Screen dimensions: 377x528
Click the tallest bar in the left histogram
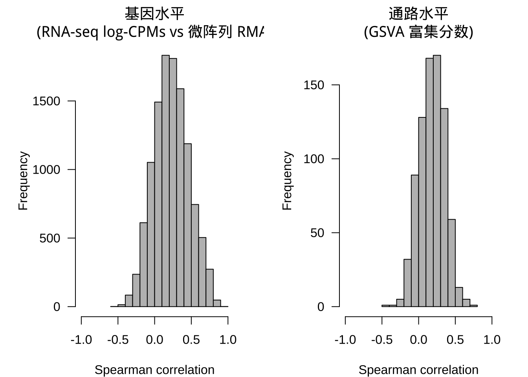[x=165, y=181]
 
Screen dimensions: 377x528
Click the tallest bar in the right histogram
[x=437, y=181]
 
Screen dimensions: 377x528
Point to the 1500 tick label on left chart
[x=46, y=101]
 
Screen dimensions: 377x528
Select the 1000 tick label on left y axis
[x=46, y=170]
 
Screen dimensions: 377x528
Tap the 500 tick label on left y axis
[x=50, y=238]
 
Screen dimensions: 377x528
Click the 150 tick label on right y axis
[x=314, y=85]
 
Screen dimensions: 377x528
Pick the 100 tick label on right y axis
[x=314, y=159]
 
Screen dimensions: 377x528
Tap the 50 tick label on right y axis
[x=317, y=233]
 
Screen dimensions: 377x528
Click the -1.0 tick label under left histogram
[x=81, y=340]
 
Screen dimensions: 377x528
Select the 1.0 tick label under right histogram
[x=492, y=340]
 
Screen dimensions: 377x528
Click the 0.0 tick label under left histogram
[x=154, y=340]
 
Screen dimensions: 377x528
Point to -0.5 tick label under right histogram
[x=382, y=340]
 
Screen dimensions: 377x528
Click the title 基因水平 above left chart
[x=154, y=14]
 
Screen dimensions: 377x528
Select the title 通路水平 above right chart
[x=418, y=14]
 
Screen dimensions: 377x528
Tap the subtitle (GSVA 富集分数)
[x=418, y=32]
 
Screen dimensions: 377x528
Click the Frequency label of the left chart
[x=24, y=181]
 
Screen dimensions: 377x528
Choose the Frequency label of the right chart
[x=288, y=181]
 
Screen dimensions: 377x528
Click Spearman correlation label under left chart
[x=154, y=370]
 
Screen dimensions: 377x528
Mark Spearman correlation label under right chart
[x=418, y=370]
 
